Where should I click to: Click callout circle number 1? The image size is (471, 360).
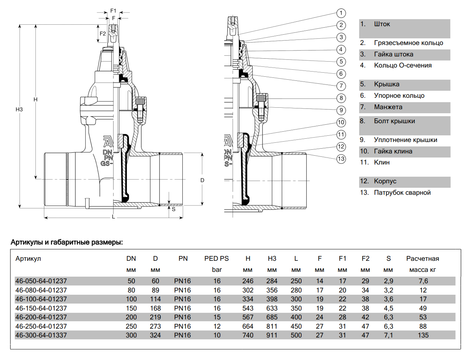pos(341,13)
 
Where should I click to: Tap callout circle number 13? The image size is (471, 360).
pos(341,159)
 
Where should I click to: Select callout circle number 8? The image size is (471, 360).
pos(341,98)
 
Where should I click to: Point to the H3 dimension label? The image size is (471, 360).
pos(19,110)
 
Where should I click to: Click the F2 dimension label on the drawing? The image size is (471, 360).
pos(103,34)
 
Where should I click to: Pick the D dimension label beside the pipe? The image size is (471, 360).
pos(202,180)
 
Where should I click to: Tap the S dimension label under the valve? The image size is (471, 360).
pos(173,209)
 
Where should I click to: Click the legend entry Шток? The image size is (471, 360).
pos(382,24)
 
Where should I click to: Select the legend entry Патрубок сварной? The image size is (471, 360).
pos(402,193)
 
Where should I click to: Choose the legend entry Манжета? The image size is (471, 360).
pos(388,107)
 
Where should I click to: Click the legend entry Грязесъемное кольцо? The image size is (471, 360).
pos(408,43)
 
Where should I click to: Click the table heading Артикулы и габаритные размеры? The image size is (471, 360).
pos(67,242)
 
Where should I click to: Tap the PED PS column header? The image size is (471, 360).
pos(217,259)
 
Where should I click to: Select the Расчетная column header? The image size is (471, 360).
pos(423,259)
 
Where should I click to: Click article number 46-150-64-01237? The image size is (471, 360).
pos(41,308)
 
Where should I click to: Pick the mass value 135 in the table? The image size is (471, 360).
pos(423,335)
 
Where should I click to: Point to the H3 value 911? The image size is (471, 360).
pos(272,335)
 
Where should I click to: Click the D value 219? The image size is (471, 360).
pos(155,317)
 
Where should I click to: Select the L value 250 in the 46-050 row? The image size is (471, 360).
pos(296,281)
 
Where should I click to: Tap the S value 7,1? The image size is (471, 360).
pos(388,335)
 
